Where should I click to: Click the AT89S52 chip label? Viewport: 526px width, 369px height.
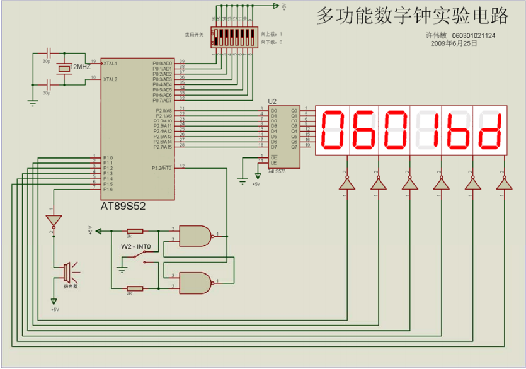click(x=123, y=206)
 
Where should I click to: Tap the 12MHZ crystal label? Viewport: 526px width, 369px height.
click(x=80, y=67)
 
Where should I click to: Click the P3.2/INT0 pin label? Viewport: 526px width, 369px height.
click(x=162, y=168)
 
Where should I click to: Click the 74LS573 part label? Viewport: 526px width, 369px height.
click(x=277, y=171)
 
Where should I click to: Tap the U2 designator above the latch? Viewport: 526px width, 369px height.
click(x=272, y=101)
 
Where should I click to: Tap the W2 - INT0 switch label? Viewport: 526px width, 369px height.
click(x=135, y=246)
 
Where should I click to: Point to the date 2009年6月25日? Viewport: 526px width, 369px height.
click(x=454, y=43)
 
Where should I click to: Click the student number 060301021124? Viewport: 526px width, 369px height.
click(x=473, y=36)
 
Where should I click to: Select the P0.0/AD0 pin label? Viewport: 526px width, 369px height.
click(x=162, y=64)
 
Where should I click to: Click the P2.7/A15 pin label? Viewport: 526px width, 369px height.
click(x=162, y=147)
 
